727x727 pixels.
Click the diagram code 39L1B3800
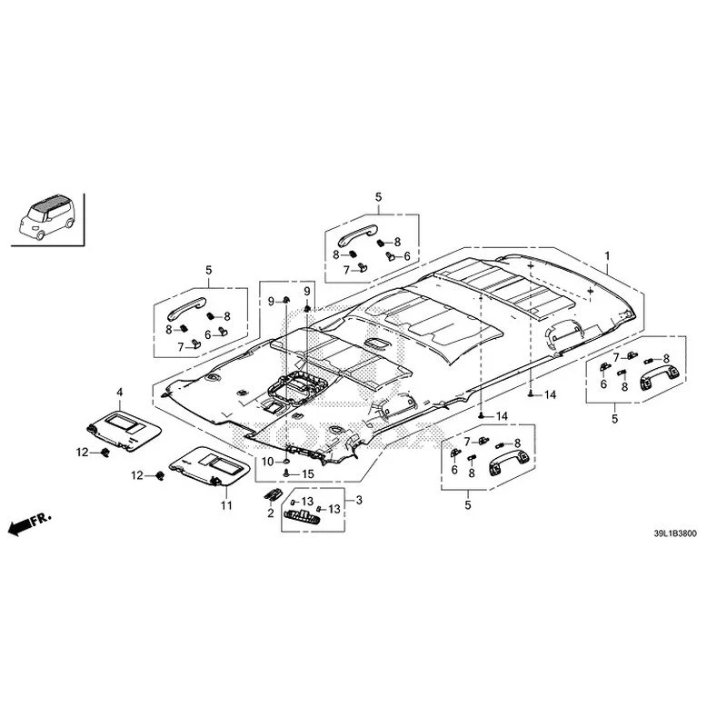[x=674, y=533]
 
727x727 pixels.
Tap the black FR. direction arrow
[x=29, y=524]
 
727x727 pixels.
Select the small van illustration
[x=46, y=217]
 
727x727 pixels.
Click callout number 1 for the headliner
[x=607, y=256]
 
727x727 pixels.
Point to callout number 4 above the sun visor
[x=120, y=393]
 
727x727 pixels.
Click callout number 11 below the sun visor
[x=225, y=505]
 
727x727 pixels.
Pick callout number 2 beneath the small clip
[x=270, y=513]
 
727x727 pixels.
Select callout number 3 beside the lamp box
[x=359, y=501]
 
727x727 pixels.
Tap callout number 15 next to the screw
[x=308, y=473]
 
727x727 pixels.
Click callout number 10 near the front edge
[x=267, y=462]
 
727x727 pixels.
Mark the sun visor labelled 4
[x=124, y=430]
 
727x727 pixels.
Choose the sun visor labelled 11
[x=209, y=466]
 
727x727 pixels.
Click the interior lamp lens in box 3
[x=302, y=515]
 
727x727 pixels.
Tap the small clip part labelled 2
[x=274, y=494]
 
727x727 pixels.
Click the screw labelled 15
[x=287, y=473]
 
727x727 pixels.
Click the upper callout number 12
[x=82, y=452]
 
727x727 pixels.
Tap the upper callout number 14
[x=550, y=395]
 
